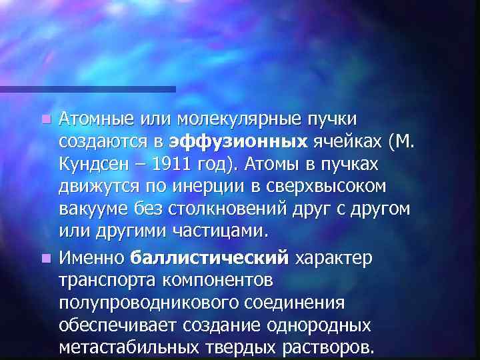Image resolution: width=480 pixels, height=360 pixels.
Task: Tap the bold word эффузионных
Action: point(237,142)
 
